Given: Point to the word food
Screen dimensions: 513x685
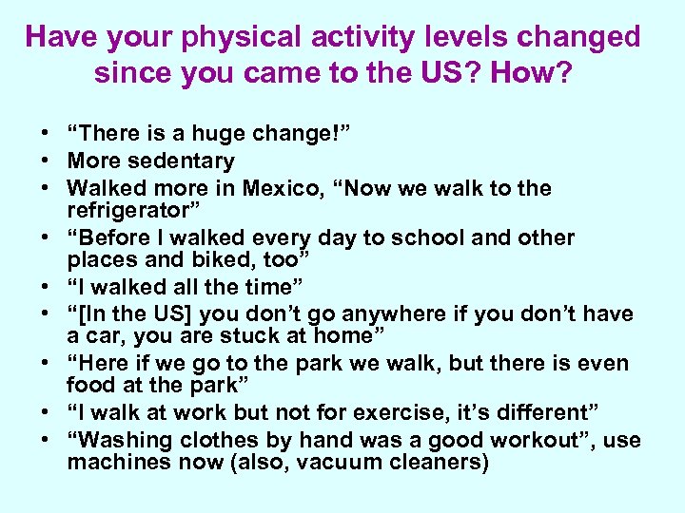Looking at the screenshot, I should point(89,385).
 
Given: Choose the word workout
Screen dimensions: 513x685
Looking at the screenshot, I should point(545,441).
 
